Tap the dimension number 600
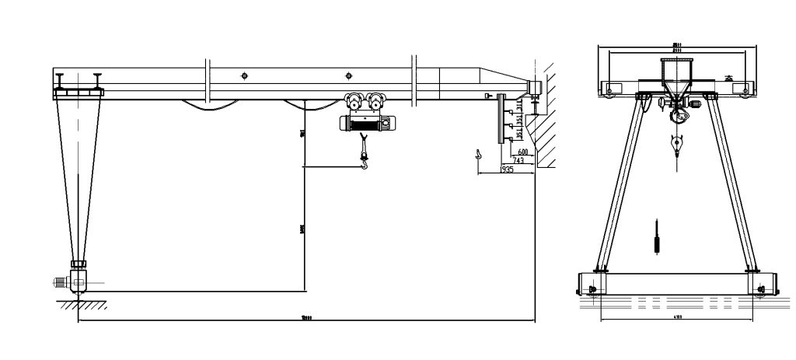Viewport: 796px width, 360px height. [522, 152]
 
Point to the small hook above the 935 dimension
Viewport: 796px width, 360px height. [478, 156]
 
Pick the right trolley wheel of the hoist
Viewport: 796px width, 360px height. [378, 101]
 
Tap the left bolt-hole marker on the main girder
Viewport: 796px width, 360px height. [245, 75]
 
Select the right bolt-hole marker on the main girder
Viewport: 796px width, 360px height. [348, 75]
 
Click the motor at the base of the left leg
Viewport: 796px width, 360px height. [61, 281]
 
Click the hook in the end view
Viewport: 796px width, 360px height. [677, 144]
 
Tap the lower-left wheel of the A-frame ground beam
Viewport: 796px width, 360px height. [595, 290]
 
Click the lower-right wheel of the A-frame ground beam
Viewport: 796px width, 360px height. [758, 290]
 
